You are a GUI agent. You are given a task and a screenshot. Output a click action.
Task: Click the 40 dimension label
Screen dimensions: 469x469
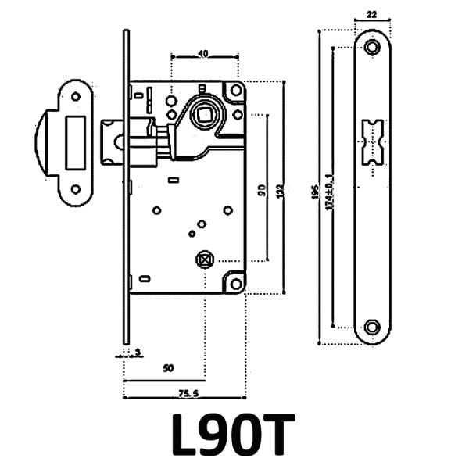203,54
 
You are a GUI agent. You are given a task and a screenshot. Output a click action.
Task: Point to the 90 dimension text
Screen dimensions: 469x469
261,189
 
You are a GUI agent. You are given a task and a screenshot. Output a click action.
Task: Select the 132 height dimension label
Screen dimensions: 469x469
278,189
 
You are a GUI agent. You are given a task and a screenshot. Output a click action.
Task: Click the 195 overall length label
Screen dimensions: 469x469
314,190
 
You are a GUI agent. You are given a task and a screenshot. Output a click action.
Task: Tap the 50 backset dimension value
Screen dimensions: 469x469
167,367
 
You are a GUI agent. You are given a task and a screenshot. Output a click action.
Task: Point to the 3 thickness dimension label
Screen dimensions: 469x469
137,353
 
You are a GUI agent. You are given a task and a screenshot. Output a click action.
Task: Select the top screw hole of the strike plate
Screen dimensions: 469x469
76,96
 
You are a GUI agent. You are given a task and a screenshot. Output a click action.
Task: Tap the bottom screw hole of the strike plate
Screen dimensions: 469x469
76,188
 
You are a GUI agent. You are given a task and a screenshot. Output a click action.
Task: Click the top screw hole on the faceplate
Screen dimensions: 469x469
371,47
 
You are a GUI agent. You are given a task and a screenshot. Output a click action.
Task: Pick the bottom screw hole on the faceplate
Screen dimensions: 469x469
371,325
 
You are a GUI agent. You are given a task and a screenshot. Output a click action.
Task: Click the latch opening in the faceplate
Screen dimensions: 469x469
371,141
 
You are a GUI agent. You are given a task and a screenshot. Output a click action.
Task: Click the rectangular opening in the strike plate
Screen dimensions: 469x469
77,142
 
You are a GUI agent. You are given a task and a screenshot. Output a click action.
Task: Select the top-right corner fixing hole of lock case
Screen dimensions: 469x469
234,92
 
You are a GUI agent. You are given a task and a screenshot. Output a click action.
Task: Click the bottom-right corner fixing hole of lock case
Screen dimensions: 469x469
234,284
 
